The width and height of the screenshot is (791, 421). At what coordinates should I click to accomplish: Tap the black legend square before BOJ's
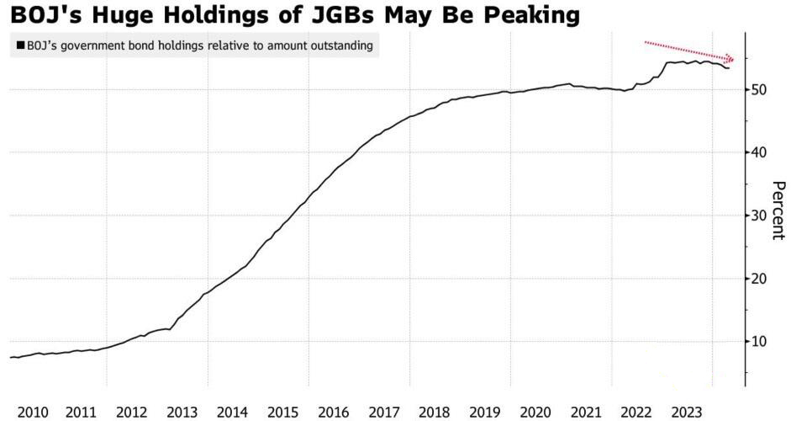(x=21, y=45)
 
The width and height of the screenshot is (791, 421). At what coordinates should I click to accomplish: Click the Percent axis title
(x=778, y=210)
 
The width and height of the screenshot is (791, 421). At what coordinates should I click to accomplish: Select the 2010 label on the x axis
(x=33, y=413)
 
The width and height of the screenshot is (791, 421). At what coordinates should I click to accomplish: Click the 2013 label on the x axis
(x=182, y=413)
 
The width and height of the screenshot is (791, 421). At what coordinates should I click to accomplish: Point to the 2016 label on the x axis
(x=334, y=413)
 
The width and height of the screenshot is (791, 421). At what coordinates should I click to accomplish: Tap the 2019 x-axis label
(x=485, y=413)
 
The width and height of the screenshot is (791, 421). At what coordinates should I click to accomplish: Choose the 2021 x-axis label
(x=586, y=413)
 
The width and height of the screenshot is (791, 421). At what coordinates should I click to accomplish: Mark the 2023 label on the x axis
(x=687, y=413)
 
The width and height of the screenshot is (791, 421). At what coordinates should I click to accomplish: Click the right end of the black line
(x=729, y=68)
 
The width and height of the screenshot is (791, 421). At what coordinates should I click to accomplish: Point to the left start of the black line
(x=10, y=357)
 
